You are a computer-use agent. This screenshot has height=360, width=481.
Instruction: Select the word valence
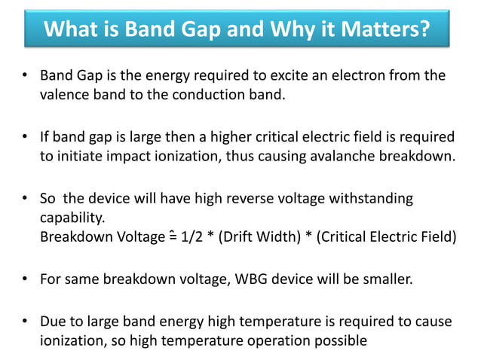[x=64, y=95]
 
